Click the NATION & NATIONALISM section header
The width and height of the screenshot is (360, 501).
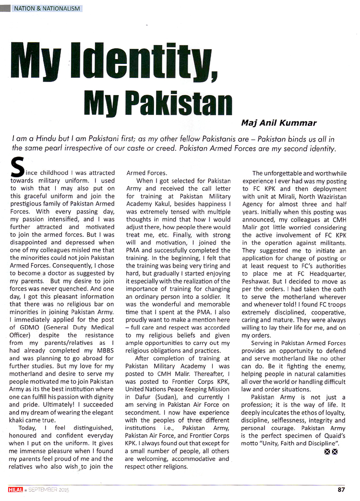pos(47,9)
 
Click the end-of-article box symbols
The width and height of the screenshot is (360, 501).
pos(331,452)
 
